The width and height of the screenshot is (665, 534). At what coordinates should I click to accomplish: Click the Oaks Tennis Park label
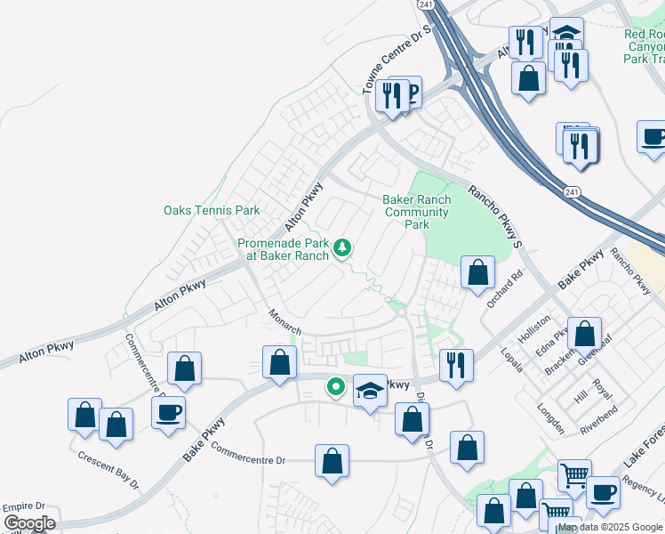coord(212,211)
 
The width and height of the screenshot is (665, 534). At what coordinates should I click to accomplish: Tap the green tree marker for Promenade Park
coord(342,247)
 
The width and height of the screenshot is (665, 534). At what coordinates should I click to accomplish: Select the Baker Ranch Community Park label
coord(416,212)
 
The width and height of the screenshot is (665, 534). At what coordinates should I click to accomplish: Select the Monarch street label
coord(286,322)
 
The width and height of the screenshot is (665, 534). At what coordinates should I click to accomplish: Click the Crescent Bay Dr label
coord(108,468)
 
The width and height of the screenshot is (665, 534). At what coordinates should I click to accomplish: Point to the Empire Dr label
coord(24,506)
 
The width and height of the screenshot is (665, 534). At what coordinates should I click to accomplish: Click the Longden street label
coord(551,419)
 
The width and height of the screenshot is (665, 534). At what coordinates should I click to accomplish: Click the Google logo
coord(30,523)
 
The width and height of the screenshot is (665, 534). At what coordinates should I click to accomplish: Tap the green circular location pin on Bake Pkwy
coord(335,386)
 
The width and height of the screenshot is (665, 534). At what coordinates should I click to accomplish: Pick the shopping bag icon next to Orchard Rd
coord(477,273)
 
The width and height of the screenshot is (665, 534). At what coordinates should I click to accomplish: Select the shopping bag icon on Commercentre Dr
coord(332,462)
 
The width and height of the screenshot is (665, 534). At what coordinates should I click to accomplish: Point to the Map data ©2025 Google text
coord(610,527)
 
